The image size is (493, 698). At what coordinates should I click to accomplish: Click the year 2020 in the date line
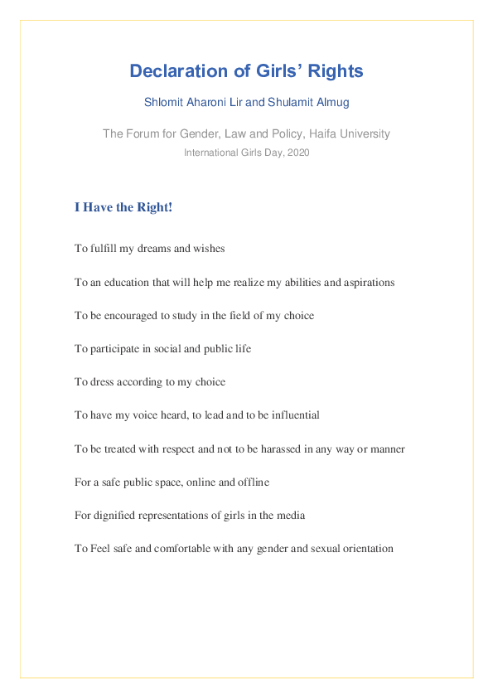click(x=297, y=153)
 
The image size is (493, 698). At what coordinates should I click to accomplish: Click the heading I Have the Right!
click(x=123, y=207)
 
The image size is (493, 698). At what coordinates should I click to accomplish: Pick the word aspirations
click(x=368, y=282)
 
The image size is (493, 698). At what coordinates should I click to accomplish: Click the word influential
click(x=295, y=414)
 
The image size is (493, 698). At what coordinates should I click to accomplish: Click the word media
click(x=290, y=515)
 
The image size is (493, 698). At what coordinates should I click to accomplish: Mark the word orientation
click(x=368, y=548)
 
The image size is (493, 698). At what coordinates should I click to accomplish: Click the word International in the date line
click(x=209, y=153)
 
